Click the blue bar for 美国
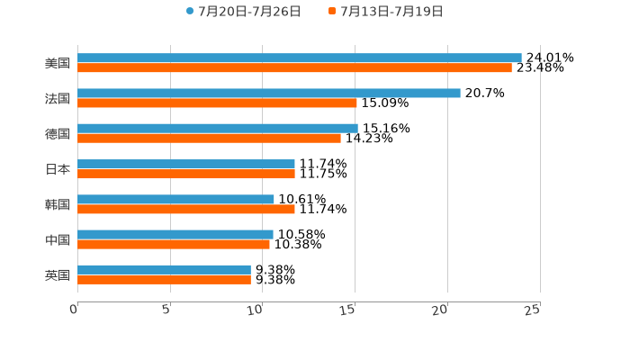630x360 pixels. coord(299,58)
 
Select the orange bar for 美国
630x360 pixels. coord(294,67)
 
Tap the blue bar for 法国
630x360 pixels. coord(268,93)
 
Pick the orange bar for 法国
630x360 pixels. coord(217,103)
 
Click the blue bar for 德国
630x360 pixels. coord(217,128)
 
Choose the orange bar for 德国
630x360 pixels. coord(209,138)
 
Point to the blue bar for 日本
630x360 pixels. coord(185,164)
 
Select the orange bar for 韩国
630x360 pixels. coord(185,209)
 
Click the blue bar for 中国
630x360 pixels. coord(175,234)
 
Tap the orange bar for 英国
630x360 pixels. coord(164,279)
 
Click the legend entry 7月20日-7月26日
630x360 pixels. coord(243,12)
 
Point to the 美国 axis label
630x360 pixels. coord(58,63)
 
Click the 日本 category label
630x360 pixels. coord(58,169)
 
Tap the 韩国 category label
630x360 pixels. coord(58,204)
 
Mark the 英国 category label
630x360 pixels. coord(58,274)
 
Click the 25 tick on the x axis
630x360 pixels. coord(533,310)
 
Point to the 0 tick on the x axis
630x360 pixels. coord(75,310)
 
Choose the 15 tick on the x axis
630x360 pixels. coord(348,310)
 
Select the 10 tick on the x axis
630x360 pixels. coord(256,310)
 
